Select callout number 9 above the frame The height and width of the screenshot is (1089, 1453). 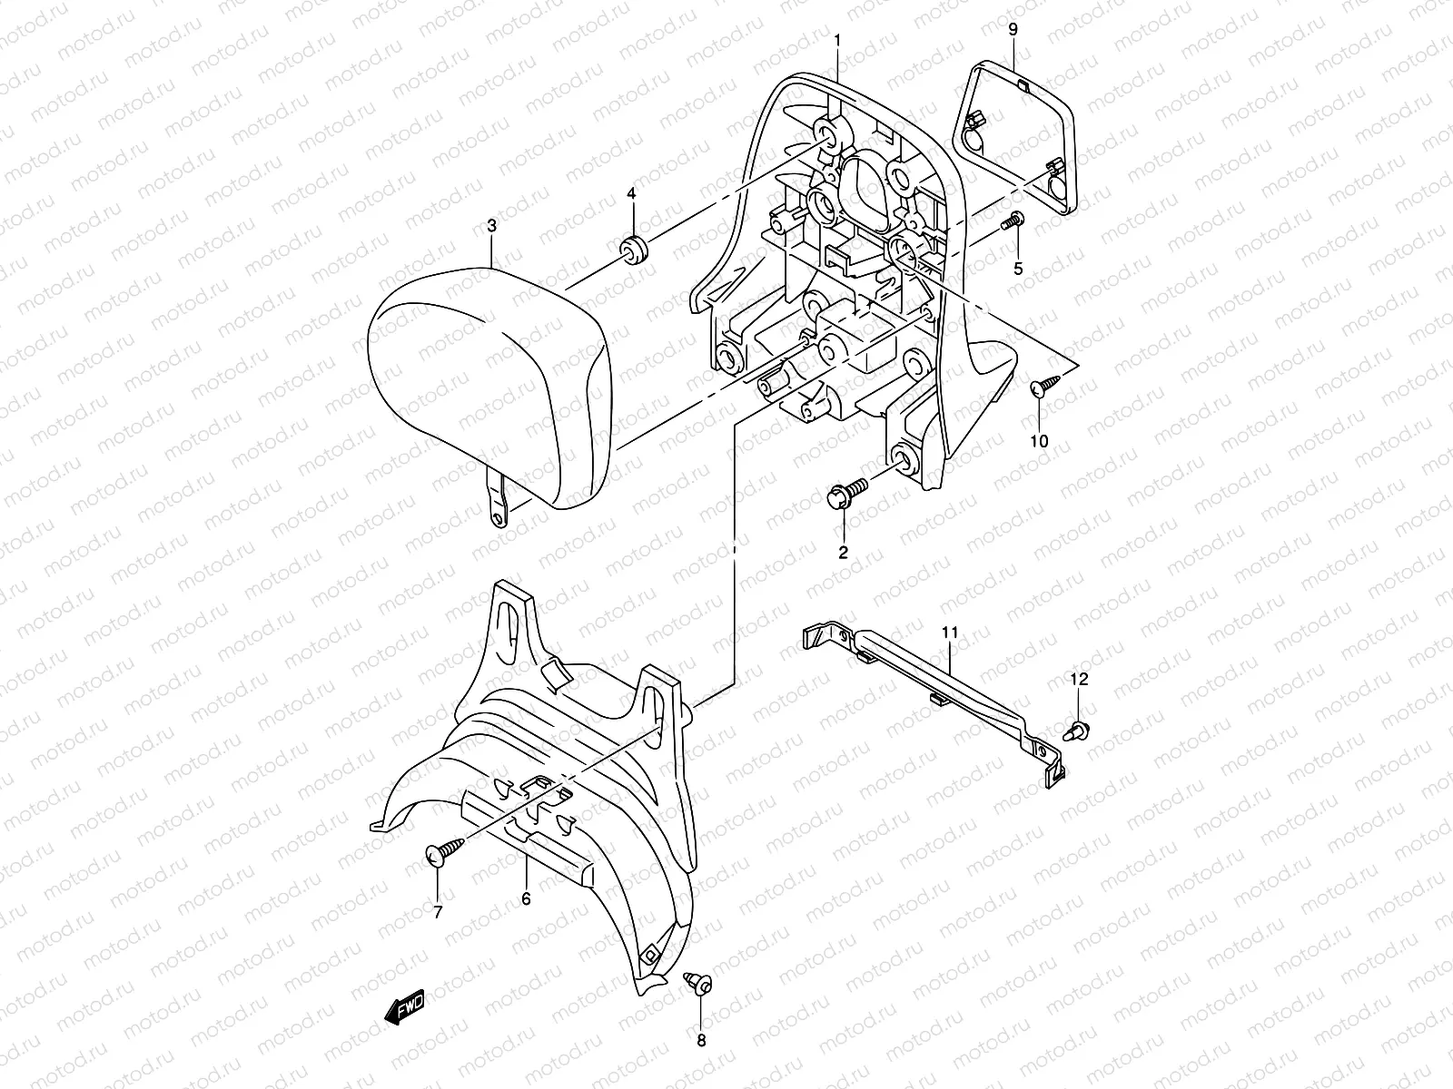coord(1013,29)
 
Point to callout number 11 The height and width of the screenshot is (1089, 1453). coord(950,631)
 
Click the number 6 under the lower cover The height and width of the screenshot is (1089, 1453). coord(526,898)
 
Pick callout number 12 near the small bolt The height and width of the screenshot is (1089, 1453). coord(1078,679)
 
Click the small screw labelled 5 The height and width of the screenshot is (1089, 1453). coord(1013,220)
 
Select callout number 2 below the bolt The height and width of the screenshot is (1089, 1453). coord(843,552)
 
